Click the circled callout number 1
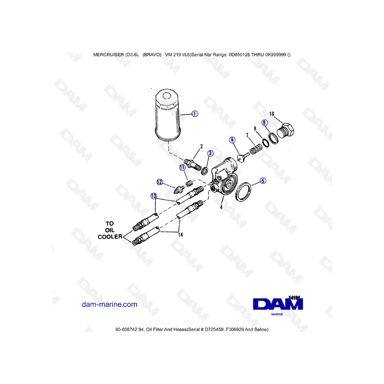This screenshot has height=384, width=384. [195, 113]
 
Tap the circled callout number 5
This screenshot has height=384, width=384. [263, 181]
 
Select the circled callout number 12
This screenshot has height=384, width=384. [160, 182]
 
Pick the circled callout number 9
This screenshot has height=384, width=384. [265, 122]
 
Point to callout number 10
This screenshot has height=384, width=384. [272, 113]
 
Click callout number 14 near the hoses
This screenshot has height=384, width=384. [180, 235]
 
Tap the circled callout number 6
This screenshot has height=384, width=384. [232, 140]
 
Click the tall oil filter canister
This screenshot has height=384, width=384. [168, 115]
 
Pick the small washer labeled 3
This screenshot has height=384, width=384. [204, 171]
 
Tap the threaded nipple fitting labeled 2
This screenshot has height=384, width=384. [193, 165]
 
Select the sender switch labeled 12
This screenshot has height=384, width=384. [179, 189]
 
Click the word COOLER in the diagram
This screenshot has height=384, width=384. [110, 236]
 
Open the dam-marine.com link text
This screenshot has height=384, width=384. [110, 304]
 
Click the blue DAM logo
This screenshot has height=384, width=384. [278, 304]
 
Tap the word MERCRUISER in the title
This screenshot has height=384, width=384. [108, 55]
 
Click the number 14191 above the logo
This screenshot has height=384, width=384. [294, 297]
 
